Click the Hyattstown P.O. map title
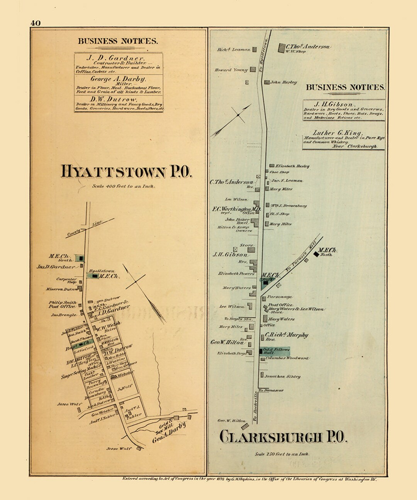126,172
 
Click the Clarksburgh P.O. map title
283,437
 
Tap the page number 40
35,23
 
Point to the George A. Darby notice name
118,79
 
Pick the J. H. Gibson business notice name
334,105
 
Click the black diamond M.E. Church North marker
316,254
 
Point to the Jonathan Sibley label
282,377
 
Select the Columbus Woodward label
287,358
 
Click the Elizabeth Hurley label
292,166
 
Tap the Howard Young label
231,70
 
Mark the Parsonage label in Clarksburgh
280,297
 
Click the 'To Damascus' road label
271,390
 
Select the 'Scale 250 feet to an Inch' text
282,454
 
